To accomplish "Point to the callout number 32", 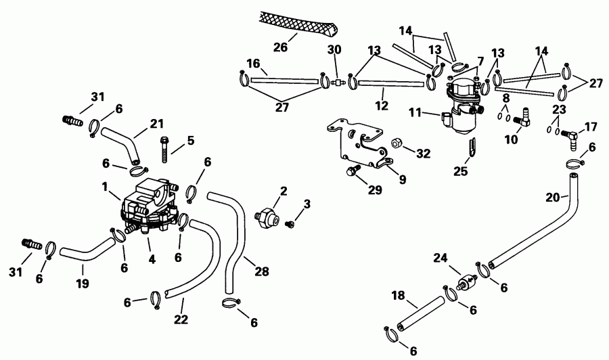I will pyautogui.click(x=424, y=154).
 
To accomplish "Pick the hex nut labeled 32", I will pyautogui.click(x=397, y=144).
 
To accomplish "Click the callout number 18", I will pyautogui.click(x=397, y=295).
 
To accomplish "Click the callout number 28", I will pyautogui.click(x=262, y=272).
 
